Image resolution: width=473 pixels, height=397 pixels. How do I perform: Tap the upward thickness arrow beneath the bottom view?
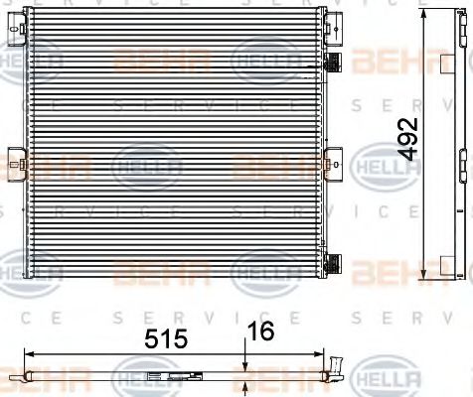click(x=245, y=387)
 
